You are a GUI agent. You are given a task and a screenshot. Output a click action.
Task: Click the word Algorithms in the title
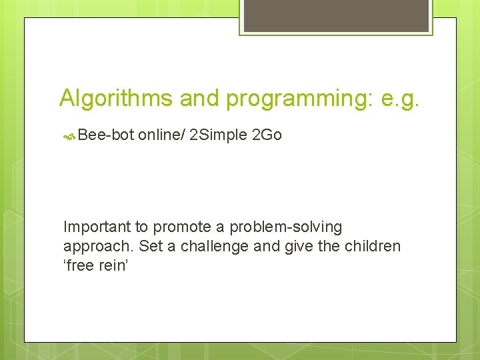[x=116, y=99]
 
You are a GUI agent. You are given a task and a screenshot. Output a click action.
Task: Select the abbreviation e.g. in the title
[x=401, y=99]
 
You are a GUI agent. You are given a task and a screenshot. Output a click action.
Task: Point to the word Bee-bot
[x=106, y=135]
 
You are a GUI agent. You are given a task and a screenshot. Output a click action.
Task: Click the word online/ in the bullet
[x=161, y=135]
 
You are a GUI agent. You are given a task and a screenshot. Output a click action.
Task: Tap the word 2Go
[x=267, y=135]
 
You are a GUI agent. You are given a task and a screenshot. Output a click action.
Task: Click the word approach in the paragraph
[x=99, y=246]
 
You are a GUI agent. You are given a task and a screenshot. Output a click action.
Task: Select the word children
[x=373, y=246]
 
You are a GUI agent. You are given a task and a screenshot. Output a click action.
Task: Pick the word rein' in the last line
[x=116, y=265]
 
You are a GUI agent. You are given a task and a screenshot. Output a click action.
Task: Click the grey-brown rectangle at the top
[x=336, y=15]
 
